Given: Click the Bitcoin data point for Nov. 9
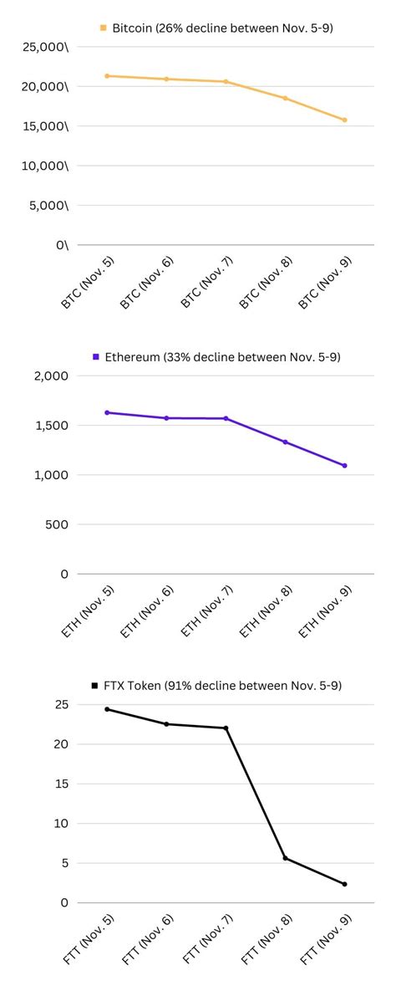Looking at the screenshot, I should point(344,120).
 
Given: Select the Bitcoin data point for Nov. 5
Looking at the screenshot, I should point(107,76).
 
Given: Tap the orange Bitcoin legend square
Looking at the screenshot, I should point(104,28).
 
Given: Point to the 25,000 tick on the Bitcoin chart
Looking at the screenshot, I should point(45,47).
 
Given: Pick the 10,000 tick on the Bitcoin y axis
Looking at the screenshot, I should point(45,166).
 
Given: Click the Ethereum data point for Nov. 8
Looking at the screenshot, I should point(285,442).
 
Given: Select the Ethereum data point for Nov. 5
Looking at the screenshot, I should point(107,412).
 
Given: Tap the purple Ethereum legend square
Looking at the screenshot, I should point(96,357).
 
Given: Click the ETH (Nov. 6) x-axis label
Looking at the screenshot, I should point(148,611).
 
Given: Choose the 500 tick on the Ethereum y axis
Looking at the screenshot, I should point(58,524).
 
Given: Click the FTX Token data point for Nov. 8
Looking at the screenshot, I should point(285,858).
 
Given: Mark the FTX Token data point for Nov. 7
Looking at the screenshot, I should point(226,728).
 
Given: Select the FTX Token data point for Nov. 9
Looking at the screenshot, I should point(344,884).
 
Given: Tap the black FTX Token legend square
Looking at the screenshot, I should point(95,686).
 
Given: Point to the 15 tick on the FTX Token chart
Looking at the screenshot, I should point(61,784).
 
